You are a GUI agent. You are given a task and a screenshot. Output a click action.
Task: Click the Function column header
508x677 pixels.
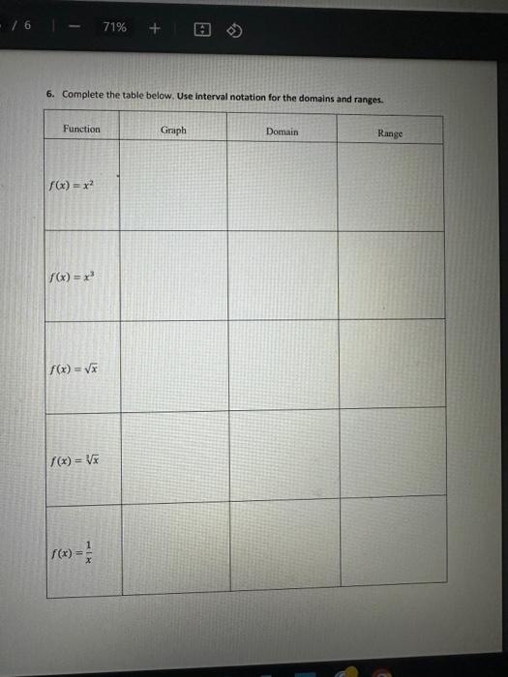click(81, 129)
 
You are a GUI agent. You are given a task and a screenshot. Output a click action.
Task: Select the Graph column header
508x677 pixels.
click(174, 131)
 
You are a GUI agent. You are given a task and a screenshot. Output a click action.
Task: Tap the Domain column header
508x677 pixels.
click(282, 132)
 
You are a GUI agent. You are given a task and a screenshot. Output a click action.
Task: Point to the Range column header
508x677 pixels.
click(390, 133)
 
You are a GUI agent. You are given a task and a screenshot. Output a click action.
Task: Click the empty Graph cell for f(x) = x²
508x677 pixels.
click(174, 186)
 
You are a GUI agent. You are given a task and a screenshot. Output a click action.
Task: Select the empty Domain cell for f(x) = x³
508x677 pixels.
click(283, 275)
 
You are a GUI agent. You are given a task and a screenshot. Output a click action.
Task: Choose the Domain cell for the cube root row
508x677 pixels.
click(284, 456)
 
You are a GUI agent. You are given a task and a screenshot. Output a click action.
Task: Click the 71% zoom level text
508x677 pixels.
click(113, 27)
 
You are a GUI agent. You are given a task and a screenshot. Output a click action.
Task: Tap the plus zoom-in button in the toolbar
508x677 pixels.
click(155, 27)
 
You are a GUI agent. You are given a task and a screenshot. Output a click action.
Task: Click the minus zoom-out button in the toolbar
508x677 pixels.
click(72, 27)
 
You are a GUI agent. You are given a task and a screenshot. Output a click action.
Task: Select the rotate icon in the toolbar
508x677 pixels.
click(233, 28)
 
